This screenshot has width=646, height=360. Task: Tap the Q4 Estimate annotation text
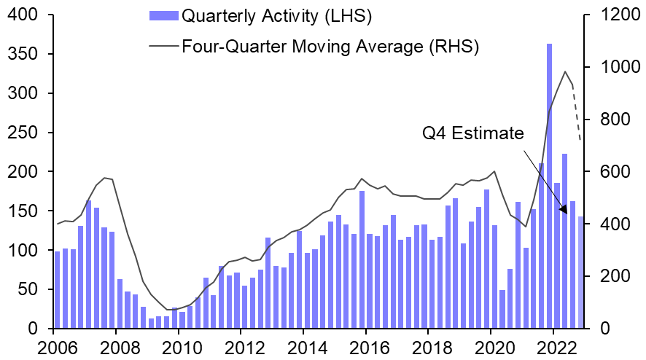(x=472, y=134)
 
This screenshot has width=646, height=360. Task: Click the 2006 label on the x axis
(x=54, y=345)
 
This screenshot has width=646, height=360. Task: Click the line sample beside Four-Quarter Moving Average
(x=162, y=47)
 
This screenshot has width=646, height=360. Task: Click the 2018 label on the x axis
(x=437, y=345)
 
